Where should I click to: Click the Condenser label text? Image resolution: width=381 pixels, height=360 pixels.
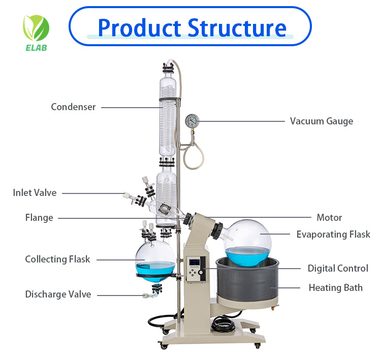click(73, 107)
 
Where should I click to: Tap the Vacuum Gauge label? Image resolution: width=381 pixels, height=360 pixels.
click(321, 121)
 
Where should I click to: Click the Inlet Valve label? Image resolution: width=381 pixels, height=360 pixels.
click(35, 193)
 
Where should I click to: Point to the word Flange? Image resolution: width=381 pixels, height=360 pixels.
click(39, 218)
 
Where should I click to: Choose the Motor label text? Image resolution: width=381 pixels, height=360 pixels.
click(329, 217)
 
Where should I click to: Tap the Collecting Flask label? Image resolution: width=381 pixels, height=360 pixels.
click(57, 259)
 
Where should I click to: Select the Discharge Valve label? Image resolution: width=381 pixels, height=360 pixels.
click(58, 294)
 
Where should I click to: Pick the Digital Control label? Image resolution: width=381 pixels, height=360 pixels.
click(338, 269)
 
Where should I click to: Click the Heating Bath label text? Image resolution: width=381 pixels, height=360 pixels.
click(335, 288)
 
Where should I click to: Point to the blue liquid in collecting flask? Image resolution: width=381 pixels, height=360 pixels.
click(155, 270)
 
